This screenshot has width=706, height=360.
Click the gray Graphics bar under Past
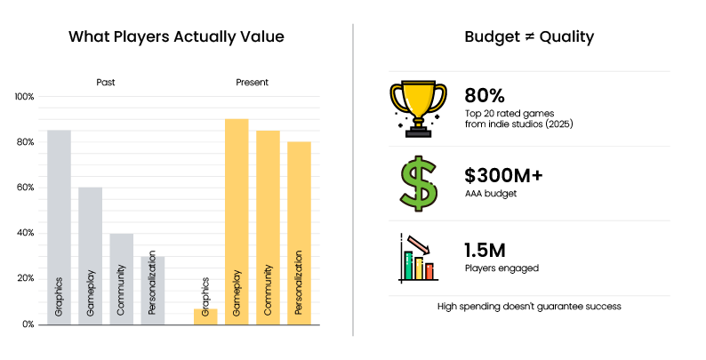(60, 227)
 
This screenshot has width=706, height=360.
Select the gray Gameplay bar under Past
(90, 255)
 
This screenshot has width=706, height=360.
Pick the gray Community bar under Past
(121, 278)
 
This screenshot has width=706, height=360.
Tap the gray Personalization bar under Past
(152, 290)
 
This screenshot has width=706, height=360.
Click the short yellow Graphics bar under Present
(205, 316)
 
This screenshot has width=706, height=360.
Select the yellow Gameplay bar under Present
(237, 220)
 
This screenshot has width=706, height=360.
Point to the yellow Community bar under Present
(268, 227)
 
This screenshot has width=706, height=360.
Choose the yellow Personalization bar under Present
(299, 232)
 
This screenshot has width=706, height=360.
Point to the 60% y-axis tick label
(24, 188)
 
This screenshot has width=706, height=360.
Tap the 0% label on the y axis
(28, 324)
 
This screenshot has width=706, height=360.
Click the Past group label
(106, 83)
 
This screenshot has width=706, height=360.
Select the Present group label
(253, 83)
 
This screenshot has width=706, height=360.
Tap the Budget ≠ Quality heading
(529, 37)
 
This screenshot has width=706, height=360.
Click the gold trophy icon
(417, 108)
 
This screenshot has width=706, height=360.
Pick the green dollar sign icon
(416, 182)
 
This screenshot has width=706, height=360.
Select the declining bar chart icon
(417, 258)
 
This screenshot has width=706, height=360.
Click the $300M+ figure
(503, 175)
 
